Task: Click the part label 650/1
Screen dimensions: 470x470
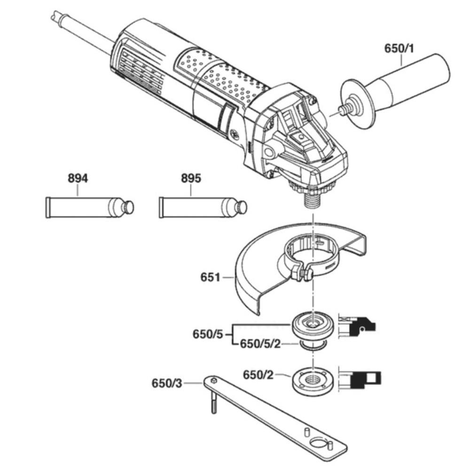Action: (x=399, y=48)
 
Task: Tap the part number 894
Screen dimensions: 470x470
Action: (x=78, y=178)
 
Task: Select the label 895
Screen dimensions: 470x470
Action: (x=191, y=178)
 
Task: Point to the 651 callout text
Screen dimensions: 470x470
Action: (x=210, y=277)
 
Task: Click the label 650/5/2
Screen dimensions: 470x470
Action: (x=260, y=344)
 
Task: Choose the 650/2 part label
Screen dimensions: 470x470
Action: (x=258, y=375)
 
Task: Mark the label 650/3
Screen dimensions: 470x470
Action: (x=167, y=383)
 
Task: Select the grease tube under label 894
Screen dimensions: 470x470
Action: (x=90, y=207)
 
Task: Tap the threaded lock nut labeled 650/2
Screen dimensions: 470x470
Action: (x=312, y=381)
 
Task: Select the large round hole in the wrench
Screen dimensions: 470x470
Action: (x=319, y=443)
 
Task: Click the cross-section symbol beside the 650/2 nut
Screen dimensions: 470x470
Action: (x=360, y=379)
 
